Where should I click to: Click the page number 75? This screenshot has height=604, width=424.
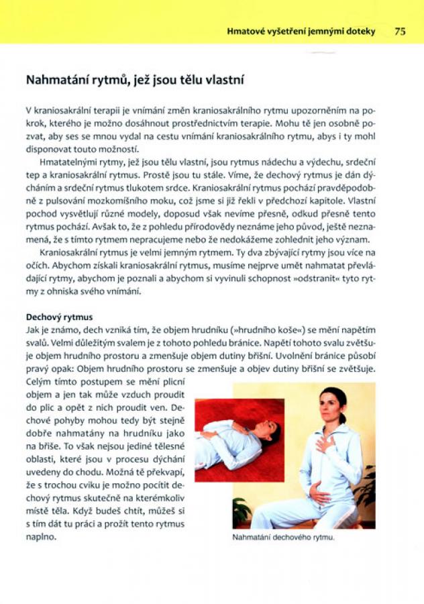400,31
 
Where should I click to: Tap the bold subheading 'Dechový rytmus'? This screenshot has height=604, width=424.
59,316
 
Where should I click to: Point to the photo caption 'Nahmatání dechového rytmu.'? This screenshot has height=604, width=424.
282,538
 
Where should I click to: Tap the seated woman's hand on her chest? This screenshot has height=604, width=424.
325,443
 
